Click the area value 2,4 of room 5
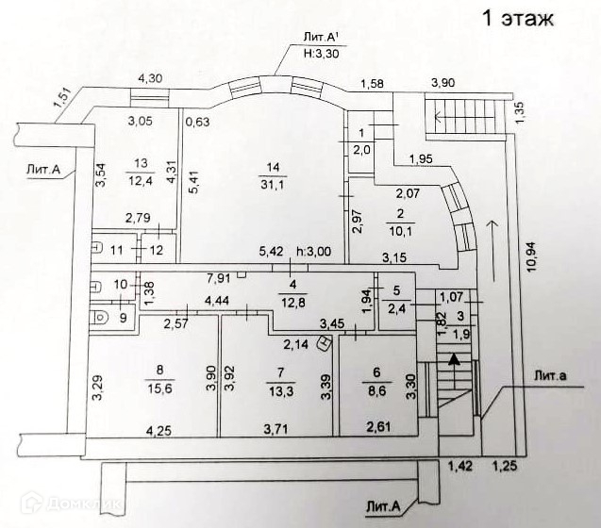[x=398, y=306]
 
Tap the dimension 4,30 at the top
[x=150, y=79]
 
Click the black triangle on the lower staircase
[x=455, y=358]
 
